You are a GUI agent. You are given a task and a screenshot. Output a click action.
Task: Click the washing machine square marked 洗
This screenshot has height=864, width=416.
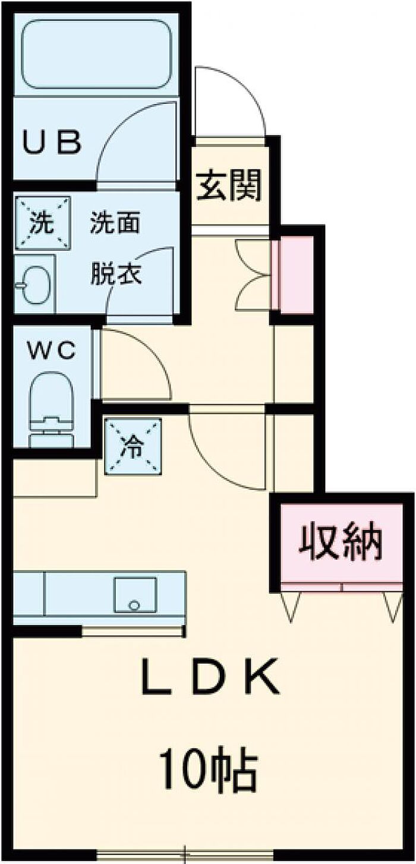click(x=42, y=223)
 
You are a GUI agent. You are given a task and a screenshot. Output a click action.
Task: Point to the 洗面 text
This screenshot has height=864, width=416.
click(x=115, y=222)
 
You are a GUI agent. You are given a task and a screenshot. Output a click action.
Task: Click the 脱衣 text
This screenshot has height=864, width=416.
click(x=116, y=273)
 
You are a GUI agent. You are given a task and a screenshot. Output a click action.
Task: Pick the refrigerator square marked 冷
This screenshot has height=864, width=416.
click(x=133, y=446)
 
